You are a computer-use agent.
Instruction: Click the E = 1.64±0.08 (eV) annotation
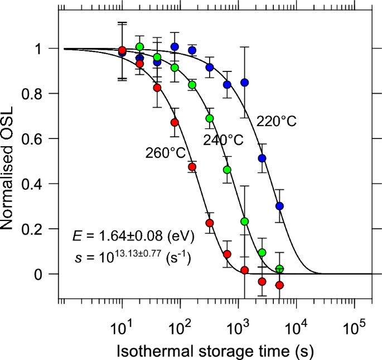click(133, 237)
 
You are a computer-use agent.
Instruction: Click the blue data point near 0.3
click(279, 206)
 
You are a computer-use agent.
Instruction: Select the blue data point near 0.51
click(262, 159)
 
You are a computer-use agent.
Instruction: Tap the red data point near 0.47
click(192, 167)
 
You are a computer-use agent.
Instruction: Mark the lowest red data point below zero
click(279, 285)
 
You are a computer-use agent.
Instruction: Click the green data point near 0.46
click(227, 170)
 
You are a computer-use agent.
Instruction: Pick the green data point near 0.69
click(210, 118)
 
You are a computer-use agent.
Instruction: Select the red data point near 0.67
click(175, 122)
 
